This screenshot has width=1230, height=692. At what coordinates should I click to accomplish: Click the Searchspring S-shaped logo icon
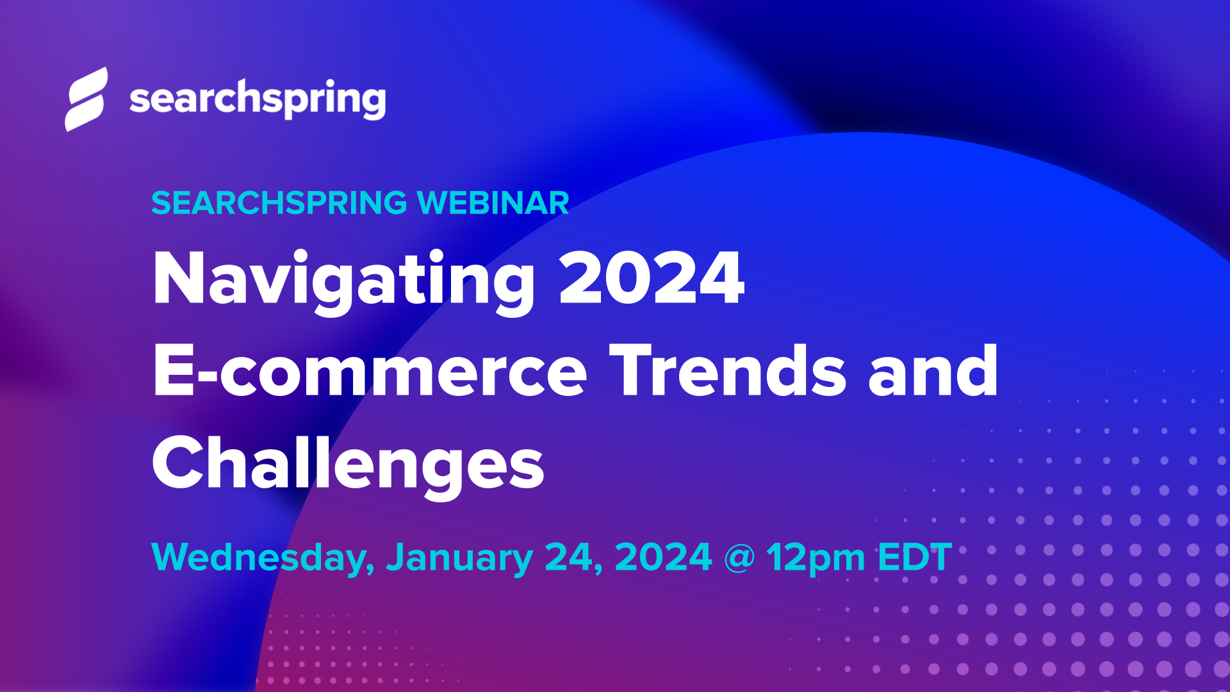point(86,99)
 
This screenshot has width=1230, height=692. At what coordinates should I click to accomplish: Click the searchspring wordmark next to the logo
point(258,99)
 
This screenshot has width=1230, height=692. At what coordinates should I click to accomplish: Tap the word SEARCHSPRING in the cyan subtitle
point(279,203)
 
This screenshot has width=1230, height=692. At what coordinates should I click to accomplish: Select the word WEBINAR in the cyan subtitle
point(493,203)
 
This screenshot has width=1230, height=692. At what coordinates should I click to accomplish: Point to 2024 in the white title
point(651,279)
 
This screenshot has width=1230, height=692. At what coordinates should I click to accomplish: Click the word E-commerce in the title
point(370,372)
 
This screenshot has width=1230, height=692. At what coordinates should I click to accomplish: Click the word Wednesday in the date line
point(263,557)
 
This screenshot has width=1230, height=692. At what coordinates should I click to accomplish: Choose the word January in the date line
point(459,557)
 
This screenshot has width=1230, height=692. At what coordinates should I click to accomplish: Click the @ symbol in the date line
point(739,557)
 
